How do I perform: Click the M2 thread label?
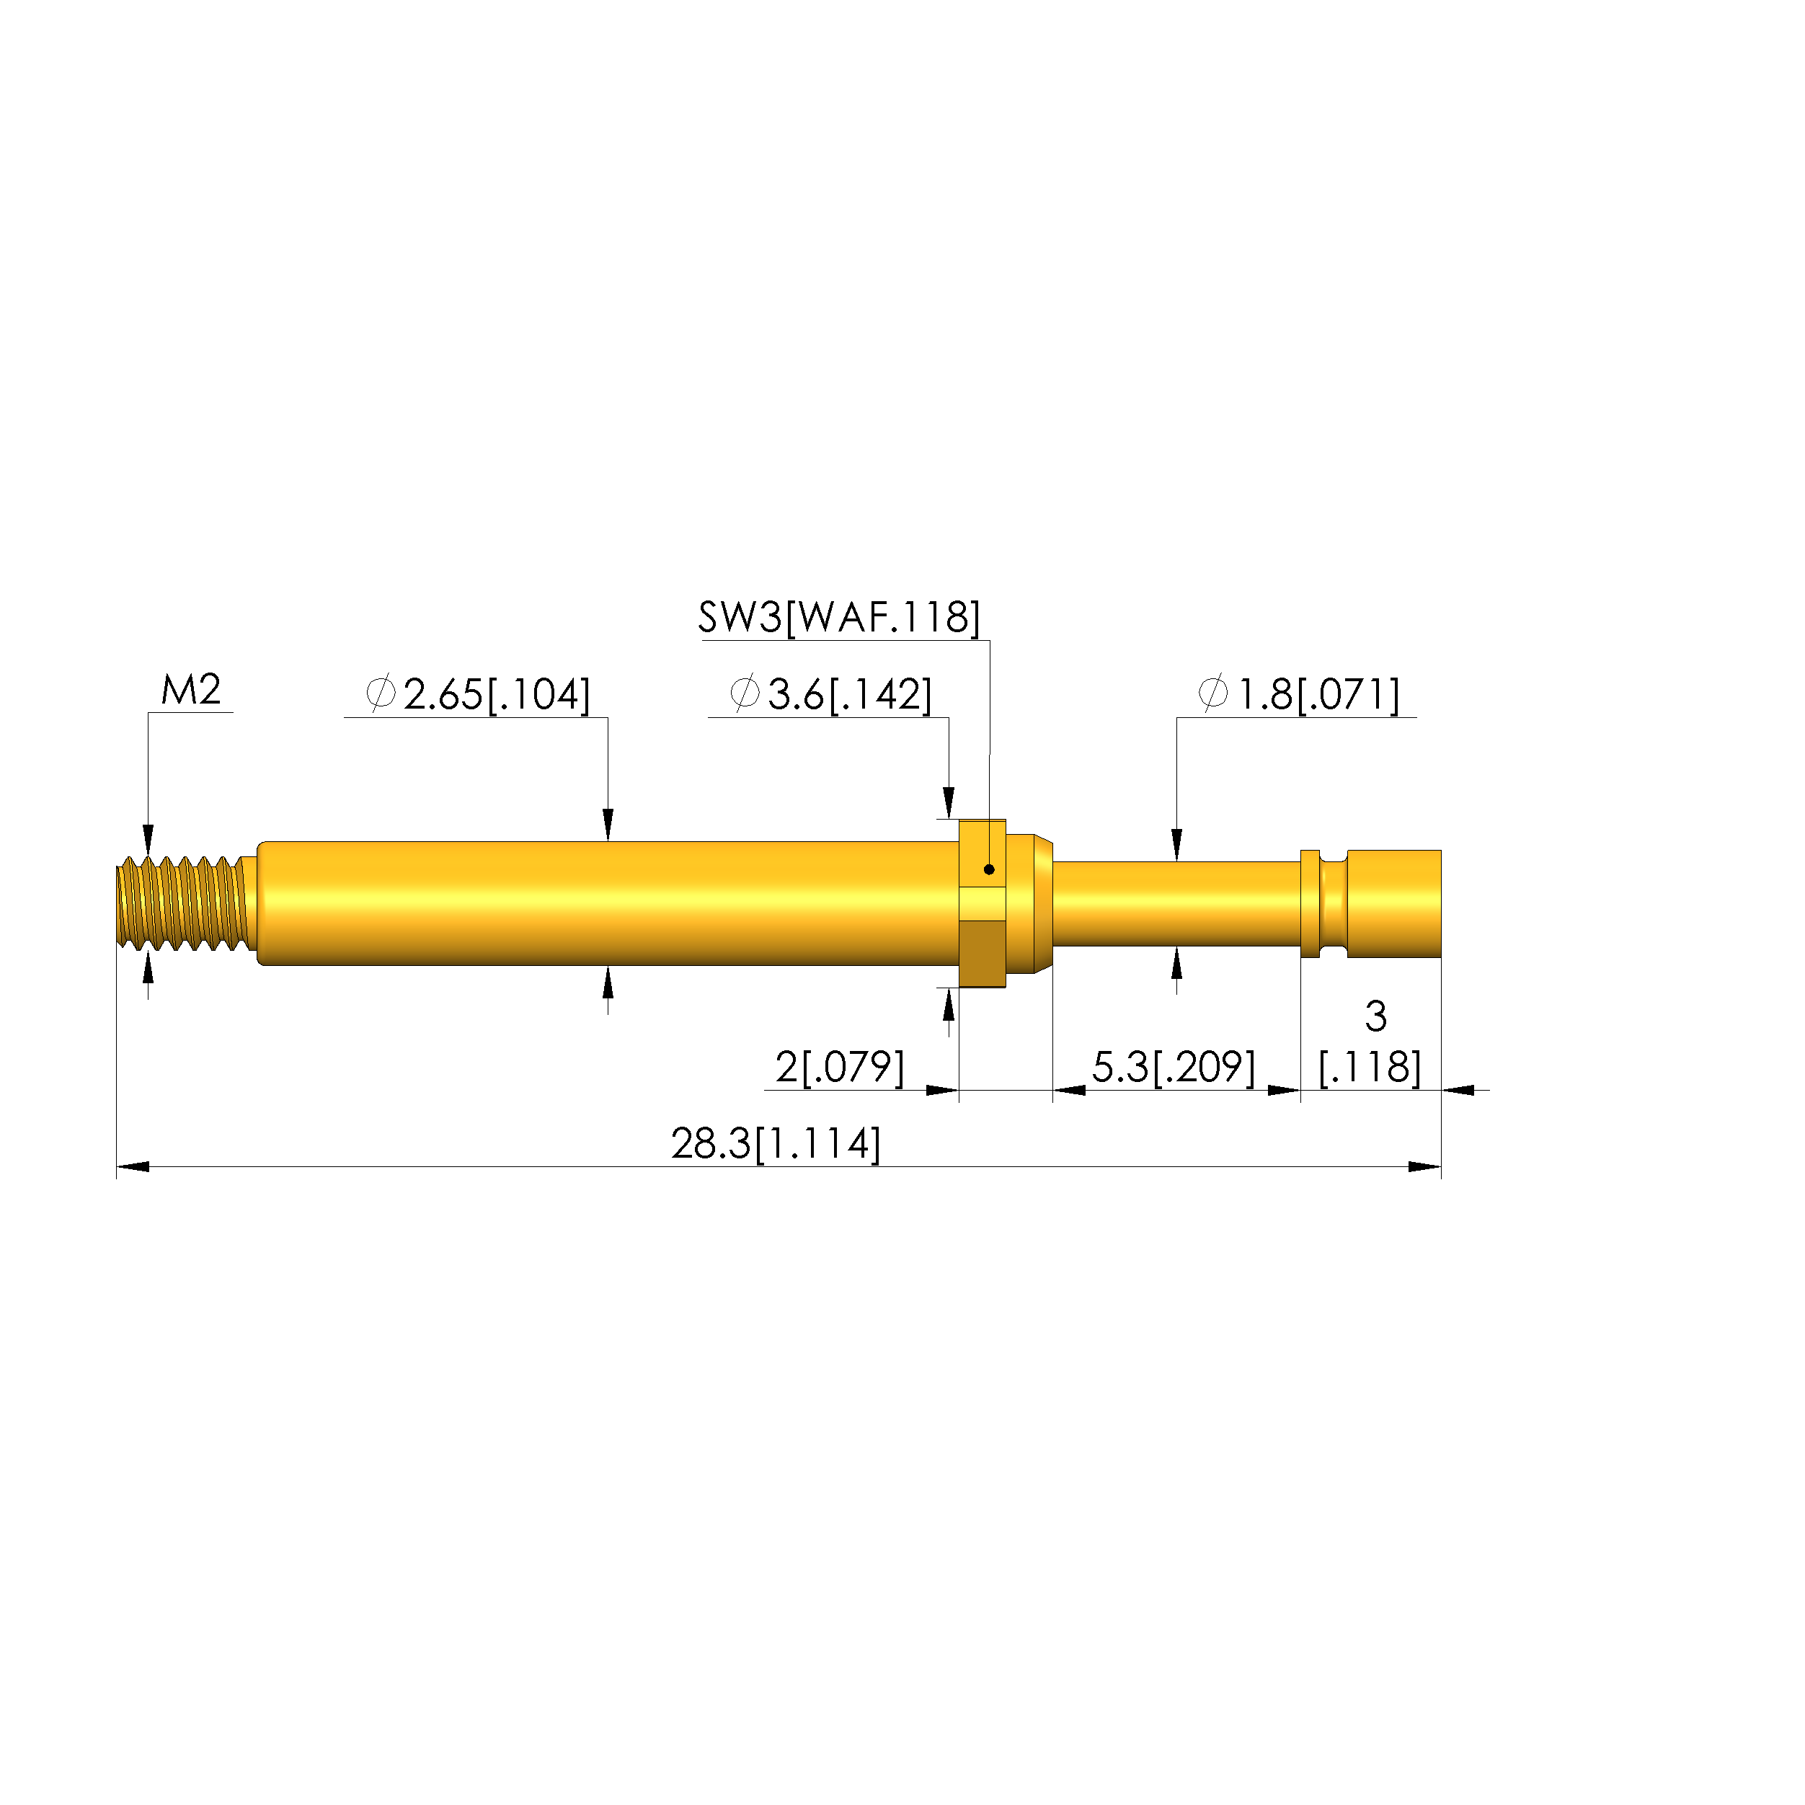click(190, 691)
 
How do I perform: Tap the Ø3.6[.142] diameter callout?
click(830, 694)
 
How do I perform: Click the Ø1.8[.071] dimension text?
click(1299, 694)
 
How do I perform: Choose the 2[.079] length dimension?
click(840, 1067)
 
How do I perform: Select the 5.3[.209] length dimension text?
click(1174, 1067)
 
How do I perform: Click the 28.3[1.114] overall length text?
click(776, 1143)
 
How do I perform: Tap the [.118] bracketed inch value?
click(1370, 1067)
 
